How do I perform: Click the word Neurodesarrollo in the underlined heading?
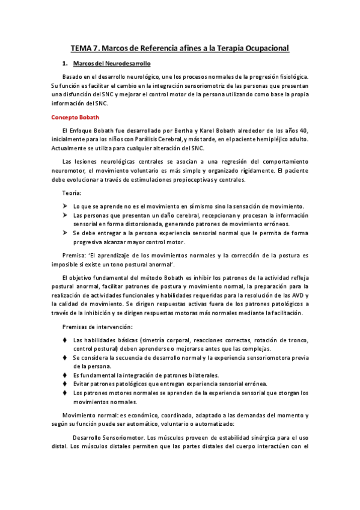[x=129, y=63]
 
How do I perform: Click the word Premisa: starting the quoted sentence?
[x=76, y=255]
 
